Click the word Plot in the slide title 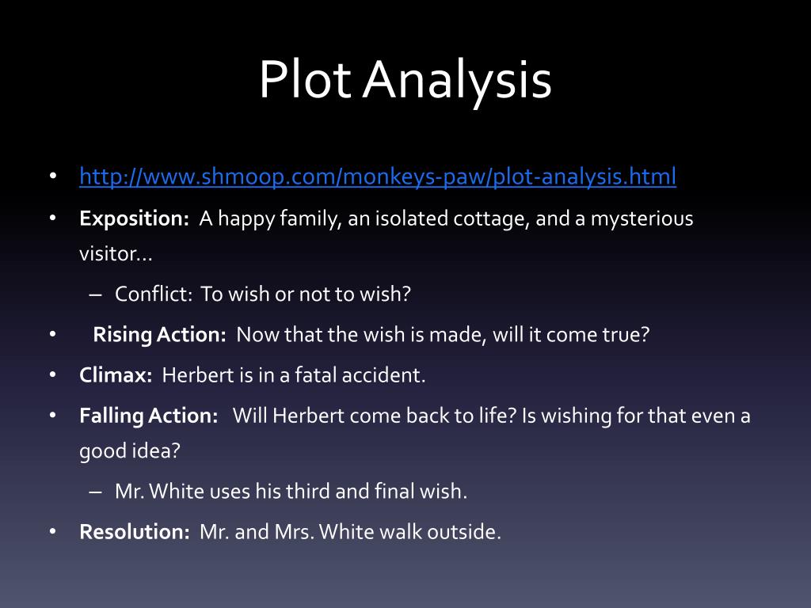[x=304, y=80]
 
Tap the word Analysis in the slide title [x=457, y=80]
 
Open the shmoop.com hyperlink [x=378, y=176]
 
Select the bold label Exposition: [x=134, y=218]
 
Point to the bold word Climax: [x=116, y=374]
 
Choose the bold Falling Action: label [x=148, y=415]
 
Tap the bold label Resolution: [x=134, y=531]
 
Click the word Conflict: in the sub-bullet [x=154, y=294]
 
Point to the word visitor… [x=116, y=254]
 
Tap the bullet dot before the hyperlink [x=53, y=176]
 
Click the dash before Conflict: [x=96, y=294]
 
